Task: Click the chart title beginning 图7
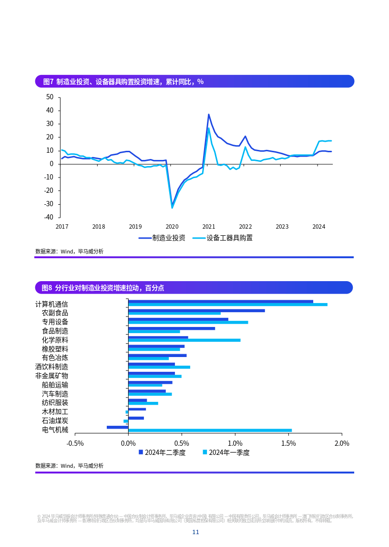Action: coord(123,82)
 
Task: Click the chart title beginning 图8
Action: coord(103,288)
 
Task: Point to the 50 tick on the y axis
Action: coord(50,97)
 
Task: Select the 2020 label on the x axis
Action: coord(172,227)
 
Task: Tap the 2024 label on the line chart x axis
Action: coord(318,227)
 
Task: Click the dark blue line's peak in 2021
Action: coord(208,115)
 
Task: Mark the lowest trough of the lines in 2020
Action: coord(172,207)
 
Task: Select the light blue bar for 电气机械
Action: coord(210,431)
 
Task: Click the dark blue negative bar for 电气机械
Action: coord(118,427)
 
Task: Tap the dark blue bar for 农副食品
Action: coord(196,311)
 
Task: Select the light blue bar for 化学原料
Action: coord(184,340)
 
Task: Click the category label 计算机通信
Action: coord(51,304)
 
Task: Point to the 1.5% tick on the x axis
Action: coord(288,443)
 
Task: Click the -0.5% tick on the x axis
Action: coord(75,443)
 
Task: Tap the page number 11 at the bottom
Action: coord(195,532)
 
